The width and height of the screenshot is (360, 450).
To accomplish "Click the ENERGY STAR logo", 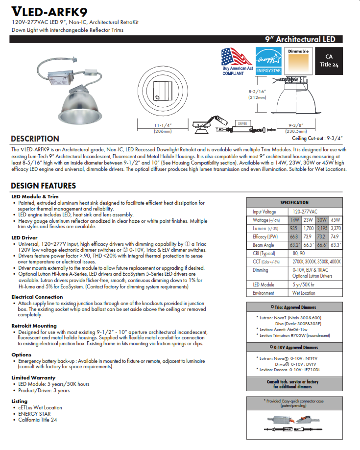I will (267, 60).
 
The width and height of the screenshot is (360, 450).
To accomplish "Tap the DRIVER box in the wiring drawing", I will (242, 124).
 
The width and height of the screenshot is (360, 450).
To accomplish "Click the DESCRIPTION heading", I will (35, 139).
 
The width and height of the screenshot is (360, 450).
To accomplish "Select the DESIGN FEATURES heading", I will (43, 186).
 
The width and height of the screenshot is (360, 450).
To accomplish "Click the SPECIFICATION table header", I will (294, 202).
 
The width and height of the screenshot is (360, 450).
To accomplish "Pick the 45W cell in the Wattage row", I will (336, 220).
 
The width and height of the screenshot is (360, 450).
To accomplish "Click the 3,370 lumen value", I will (336, 228).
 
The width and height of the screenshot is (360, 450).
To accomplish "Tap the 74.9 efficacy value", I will (336, 237).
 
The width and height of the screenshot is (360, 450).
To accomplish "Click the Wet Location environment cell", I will (304, 293).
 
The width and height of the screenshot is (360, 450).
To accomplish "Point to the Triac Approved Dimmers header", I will (294, 307).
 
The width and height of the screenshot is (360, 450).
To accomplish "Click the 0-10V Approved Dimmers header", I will (294, 347).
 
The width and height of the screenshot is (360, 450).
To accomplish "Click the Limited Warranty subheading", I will (33, 378).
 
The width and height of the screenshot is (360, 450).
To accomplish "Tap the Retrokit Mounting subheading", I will (34, 326).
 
